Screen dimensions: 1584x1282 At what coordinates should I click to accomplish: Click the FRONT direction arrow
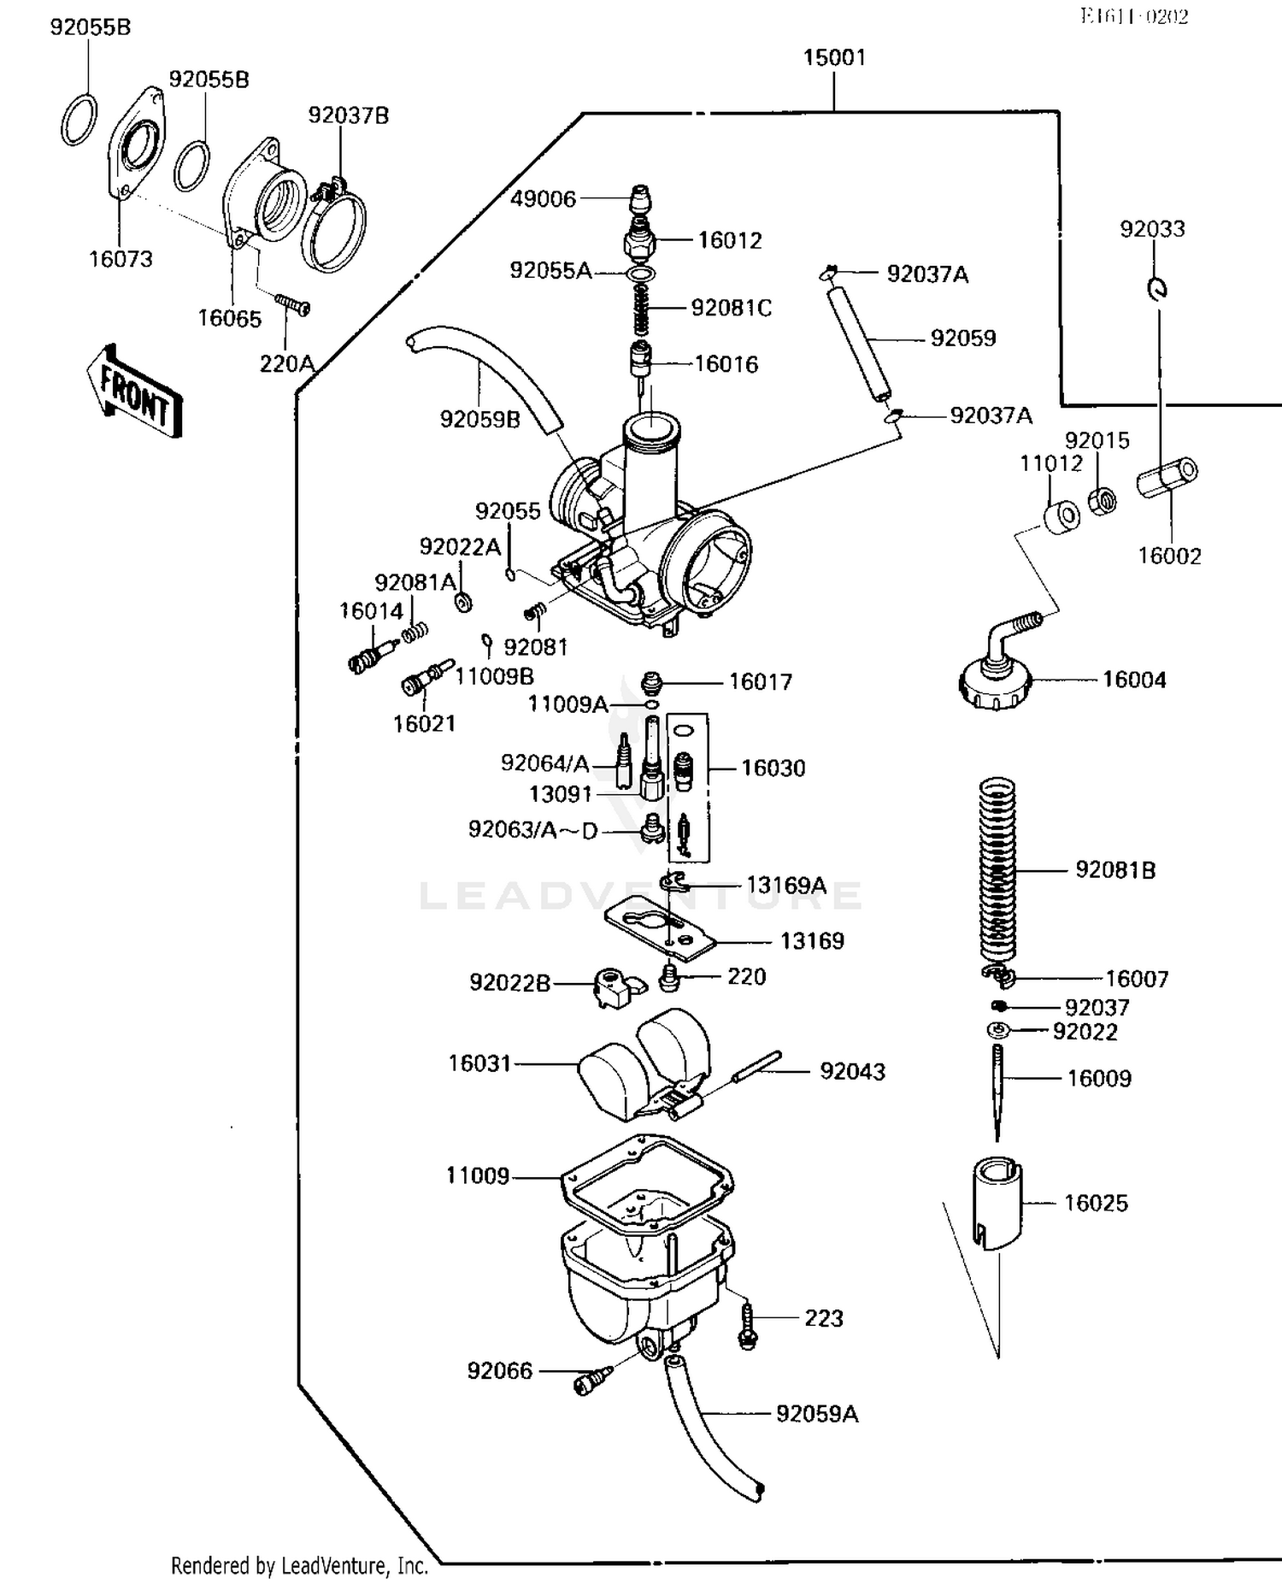click(135, 392)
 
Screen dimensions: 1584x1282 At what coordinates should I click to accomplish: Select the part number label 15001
click(834, 57)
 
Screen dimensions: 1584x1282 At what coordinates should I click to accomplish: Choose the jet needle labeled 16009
click(997, 1090)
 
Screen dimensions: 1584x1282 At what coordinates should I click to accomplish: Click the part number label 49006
click(543, 198)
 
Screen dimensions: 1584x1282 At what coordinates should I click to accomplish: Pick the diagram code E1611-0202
click(1133, 16)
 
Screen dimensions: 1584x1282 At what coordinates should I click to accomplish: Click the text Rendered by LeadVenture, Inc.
click(299, 1565)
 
